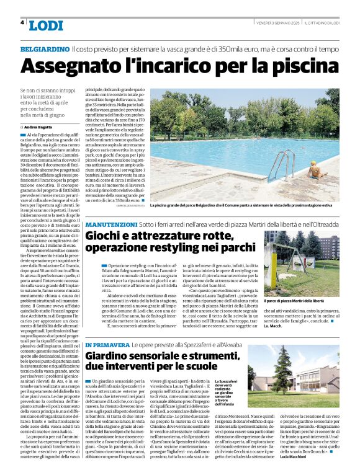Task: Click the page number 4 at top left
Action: pos(23,23)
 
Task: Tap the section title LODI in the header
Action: pos(45,25)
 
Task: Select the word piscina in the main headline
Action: pos(301,65)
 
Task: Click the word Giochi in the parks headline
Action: pos(105,236)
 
